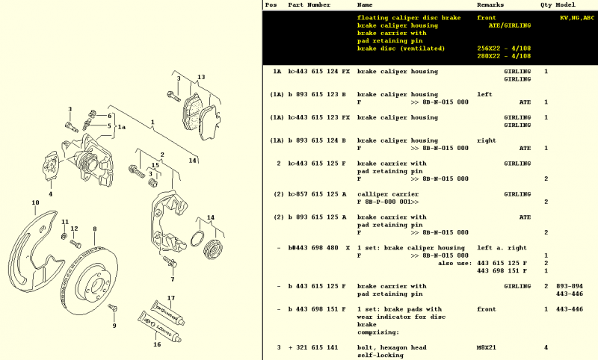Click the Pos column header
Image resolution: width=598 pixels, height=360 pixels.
271,4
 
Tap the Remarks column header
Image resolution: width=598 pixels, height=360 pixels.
492,4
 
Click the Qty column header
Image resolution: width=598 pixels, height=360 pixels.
547,4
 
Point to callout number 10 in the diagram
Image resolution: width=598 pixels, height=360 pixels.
35,202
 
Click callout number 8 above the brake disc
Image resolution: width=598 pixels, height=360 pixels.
95,229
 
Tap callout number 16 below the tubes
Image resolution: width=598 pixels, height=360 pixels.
157,344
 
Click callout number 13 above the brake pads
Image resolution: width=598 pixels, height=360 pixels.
200,77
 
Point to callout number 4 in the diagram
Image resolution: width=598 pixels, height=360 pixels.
51,194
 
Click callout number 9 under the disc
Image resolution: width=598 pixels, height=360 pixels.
114,326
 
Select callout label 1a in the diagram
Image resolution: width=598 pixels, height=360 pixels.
122,128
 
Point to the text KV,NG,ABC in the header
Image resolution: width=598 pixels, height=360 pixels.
577,17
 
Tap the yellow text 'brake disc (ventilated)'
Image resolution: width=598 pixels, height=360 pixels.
401,49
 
